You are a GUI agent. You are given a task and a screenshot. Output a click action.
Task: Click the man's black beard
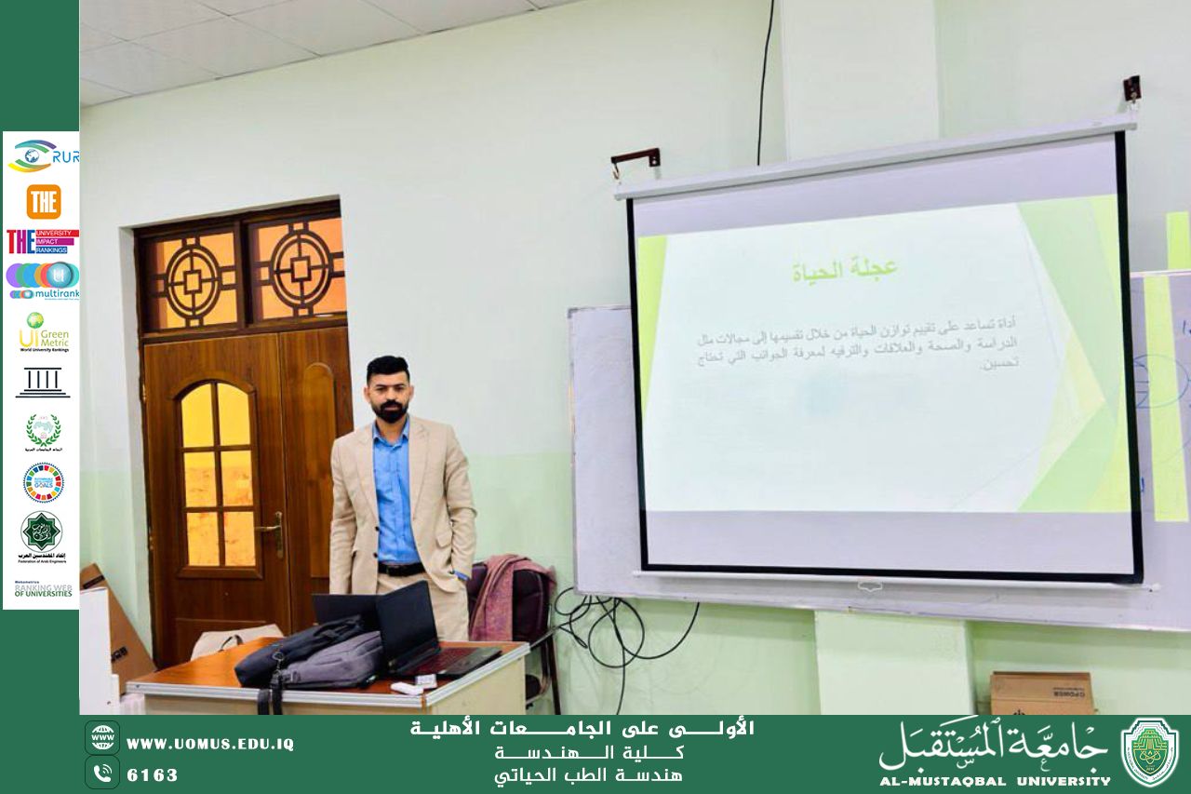click(x=389, y=409)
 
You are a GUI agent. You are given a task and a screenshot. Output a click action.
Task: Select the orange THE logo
click(x=43, y=201)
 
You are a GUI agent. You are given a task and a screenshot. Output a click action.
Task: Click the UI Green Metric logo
click(x=42, y=331)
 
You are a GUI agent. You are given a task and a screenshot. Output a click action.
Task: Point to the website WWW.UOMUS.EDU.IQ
click(x=210, y=744)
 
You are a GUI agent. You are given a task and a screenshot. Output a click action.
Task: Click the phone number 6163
click(x=153, y=774)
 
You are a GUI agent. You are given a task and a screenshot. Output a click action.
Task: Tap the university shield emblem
click(x=1149, y=752)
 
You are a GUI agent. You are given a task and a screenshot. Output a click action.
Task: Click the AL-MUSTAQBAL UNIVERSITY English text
click(x=995, y=781)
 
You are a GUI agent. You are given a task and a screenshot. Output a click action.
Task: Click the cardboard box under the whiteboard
click(x=1041, y=693)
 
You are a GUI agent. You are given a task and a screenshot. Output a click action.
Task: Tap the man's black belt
click(x=401, y=568)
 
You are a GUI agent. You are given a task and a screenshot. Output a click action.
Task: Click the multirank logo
click(x=43, y=280)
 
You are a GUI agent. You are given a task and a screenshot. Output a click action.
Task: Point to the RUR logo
click(x=43, y=155)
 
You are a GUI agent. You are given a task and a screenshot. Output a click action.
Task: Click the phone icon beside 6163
click(x=102, y=773)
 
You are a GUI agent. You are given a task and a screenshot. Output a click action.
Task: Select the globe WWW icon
click(x=102, y=737)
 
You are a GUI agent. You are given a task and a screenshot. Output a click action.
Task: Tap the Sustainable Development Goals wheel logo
click(x=43, y=481)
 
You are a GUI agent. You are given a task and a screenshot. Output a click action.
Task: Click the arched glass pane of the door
click(x=216, y=414)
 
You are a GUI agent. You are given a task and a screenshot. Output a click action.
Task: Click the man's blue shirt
click(x=395, y=493)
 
